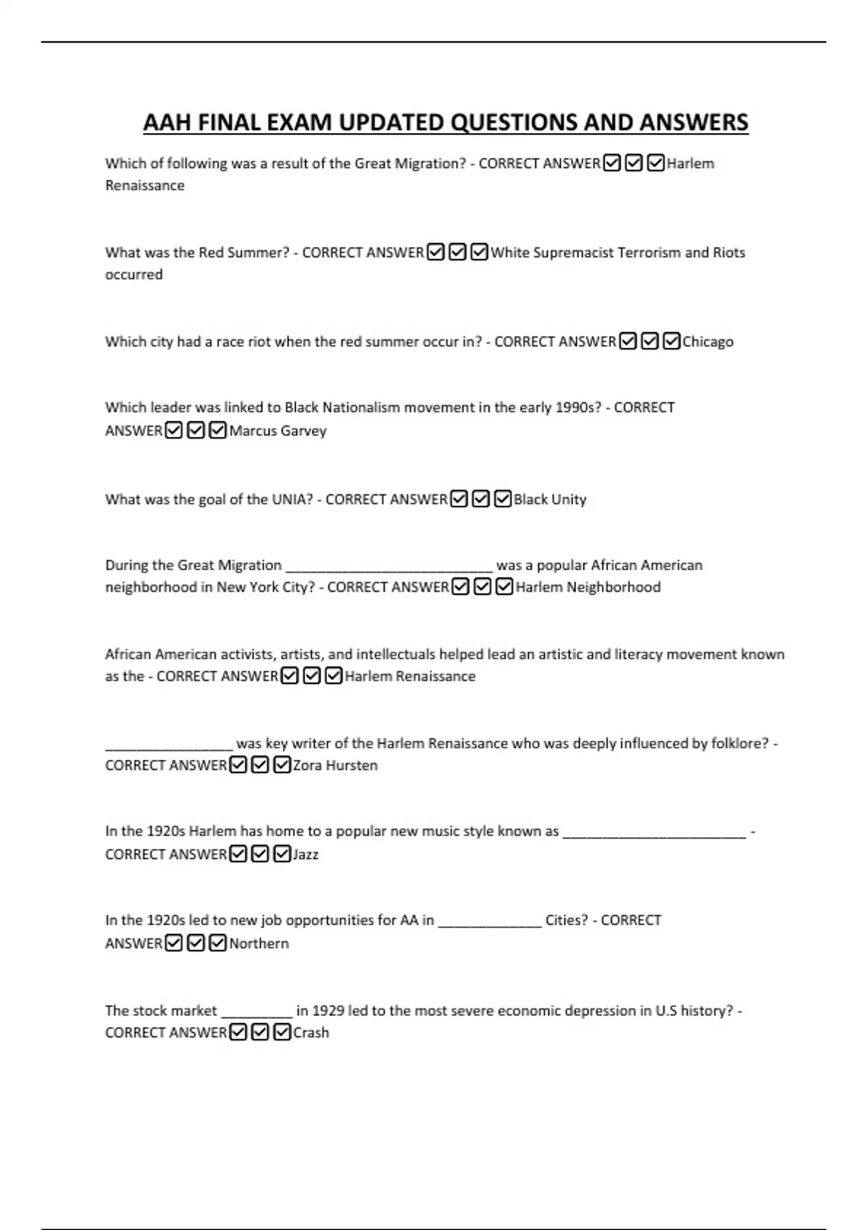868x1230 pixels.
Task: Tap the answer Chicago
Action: click(x=707, y=342)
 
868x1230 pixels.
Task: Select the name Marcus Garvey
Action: click(x=278, y=430)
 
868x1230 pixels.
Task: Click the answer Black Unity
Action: click(x=550, y=499)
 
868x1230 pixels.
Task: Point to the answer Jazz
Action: click(x=305, y=854)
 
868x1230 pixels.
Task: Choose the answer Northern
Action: click(x=259, y=943)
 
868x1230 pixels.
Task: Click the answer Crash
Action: click(x=311, y=1032)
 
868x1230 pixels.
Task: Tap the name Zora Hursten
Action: click(x=335, y=765)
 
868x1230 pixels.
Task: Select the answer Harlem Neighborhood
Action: click(x=588, y=587)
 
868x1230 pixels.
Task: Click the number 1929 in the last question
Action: click(x=328, y=1011)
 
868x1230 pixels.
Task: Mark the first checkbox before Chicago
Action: click(x=628, y=342)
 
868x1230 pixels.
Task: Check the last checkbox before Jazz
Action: click(x=282, y=854)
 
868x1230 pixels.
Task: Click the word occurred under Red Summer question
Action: click(x=134, y=275)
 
